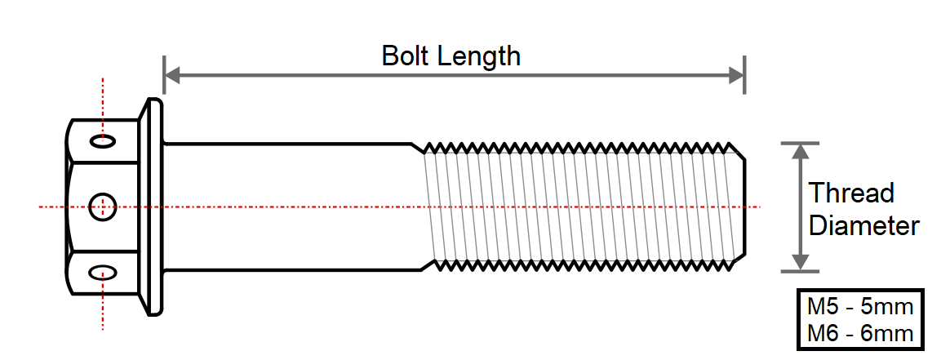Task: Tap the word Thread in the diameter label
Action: pyautogui.click(x=851, y=193)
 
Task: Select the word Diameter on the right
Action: pyautogui.click(x=864, y=226)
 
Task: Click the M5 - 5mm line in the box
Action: pyautogui.click(x=859, y=307)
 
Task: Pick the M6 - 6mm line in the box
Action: pyautogui.click(x=859, y=333)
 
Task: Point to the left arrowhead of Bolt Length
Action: pyautogui.click(x=173, y=76)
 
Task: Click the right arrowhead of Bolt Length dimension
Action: pyautogui.click(x=736, y=76)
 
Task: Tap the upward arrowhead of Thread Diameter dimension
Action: pyautogui.click(x=799, y=152)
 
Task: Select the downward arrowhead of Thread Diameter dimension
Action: pyautogui.click(x=799, y=263)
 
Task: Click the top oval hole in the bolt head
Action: pyautogui.click(x=103, y=141)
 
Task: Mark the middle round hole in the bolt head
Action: pyautogui.click(x=102, y=207)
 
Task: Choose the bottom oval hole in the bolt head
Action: pyautogui.click(x=103, y=273)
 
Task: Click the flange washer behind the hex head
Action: pyautogui.click(x=151, y=207)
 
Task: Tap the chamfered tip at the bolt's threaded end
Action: pyautogui.click(x=740, y=207)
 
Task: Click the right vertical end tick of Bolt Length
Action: pyautogui.click(x=745, y=75)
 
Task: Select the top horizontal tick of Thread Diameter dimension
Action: pyautogui.click(x=799, y=143)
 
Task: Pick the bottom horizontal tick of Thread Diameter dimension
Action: pyautogui.click(x=799, y=272)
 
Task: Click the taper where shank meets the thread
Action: pyautogui.click(x=419, y=207)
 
